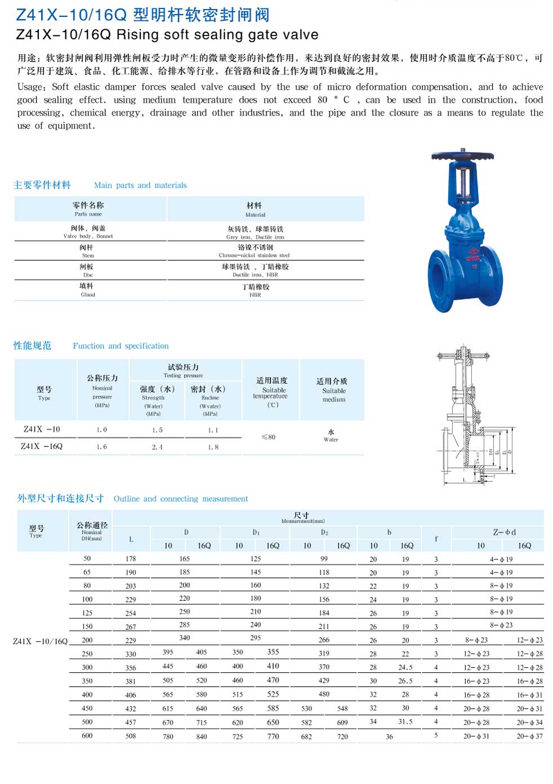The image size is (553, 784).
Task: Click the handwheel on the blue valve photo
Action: [462, 156]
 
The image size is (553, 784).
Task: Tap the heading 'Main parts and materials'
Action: [140, 185]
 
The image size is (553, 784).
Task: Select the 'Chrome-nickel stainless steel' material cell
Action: [255, 251]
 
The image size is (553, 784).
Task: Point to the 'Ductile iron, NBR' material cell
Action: [255, 270]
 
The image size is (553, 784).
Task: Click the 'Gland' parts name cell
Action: [87, 290]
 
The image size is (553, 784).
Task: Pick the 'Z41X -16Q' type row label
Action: [42, 446]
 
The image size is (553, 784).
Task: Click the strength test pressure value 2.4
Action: [157, 447]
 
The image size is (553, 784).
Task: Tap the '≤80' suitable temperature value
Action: [269, 437]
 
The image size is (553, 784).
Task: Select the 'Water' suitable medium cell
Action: [331, 436]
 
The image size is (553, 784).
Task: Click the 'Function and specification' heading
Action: [121, 346]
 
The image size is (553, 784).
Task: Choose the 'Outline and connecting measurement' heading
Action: [180, 499]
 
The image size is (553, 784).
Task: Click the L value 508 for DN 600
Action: [131, 736]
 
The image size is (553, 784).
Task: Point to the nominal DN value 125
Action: [87, 613]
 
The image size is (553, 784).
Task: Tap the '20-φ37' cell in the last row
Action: [529, 736]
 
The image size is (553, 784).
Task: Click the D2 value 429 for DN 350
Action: [324, 681]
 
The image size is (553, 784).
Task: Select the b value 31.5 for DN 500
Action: [405, 722]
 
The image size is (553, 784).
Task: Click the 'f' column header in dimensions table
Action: [436, 539]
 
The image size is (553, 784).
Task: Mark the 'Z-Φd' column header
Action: [504, 532]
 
